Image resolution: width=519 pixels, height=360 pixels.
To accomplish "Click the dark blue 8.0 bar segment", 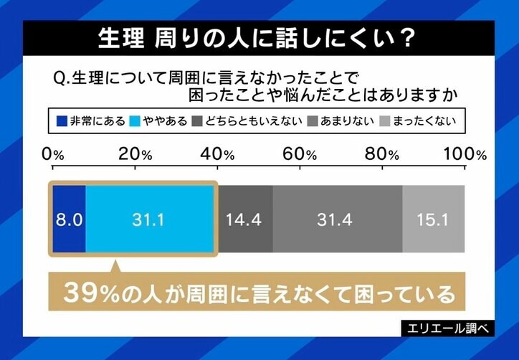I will (x=68, y=219).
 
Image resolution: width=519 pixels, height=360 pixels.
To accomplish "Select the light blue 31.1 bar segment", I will (x=150, y=219).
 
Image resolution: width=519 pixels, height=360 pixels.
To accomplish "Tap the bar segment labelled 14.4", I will (x=244, y=219).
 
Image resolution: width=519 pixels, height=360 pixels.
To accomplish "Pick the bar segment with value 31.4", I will (x=337, y=219).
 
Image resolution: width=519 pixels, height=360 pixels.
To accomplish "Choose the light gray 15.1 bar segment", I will (x=433, y=219).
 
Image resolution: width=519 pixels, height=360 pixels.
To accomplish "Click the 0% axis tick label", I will (x=54, y=154).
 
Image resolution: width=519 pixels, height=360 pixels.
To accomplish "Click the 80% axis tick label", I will (x=384, y=154).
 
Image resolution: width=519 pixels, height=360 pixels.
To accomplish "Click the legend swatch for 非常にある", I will (x=62, y=120).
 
